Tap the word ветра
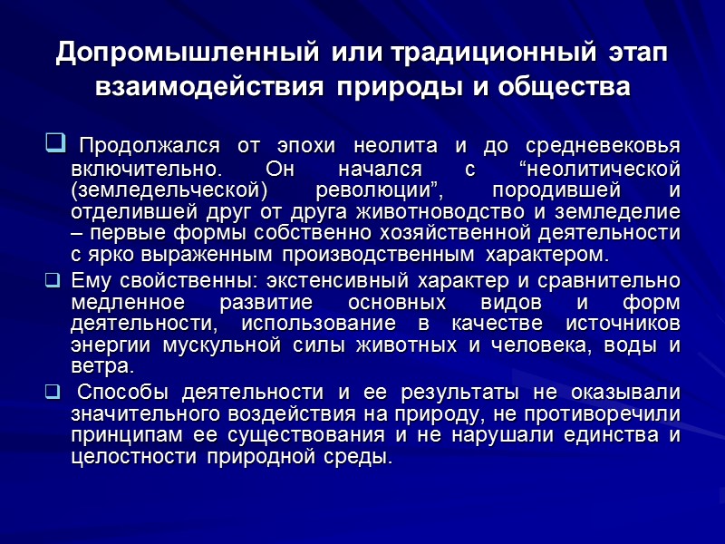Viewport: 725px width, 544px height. tap(101, 366)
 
